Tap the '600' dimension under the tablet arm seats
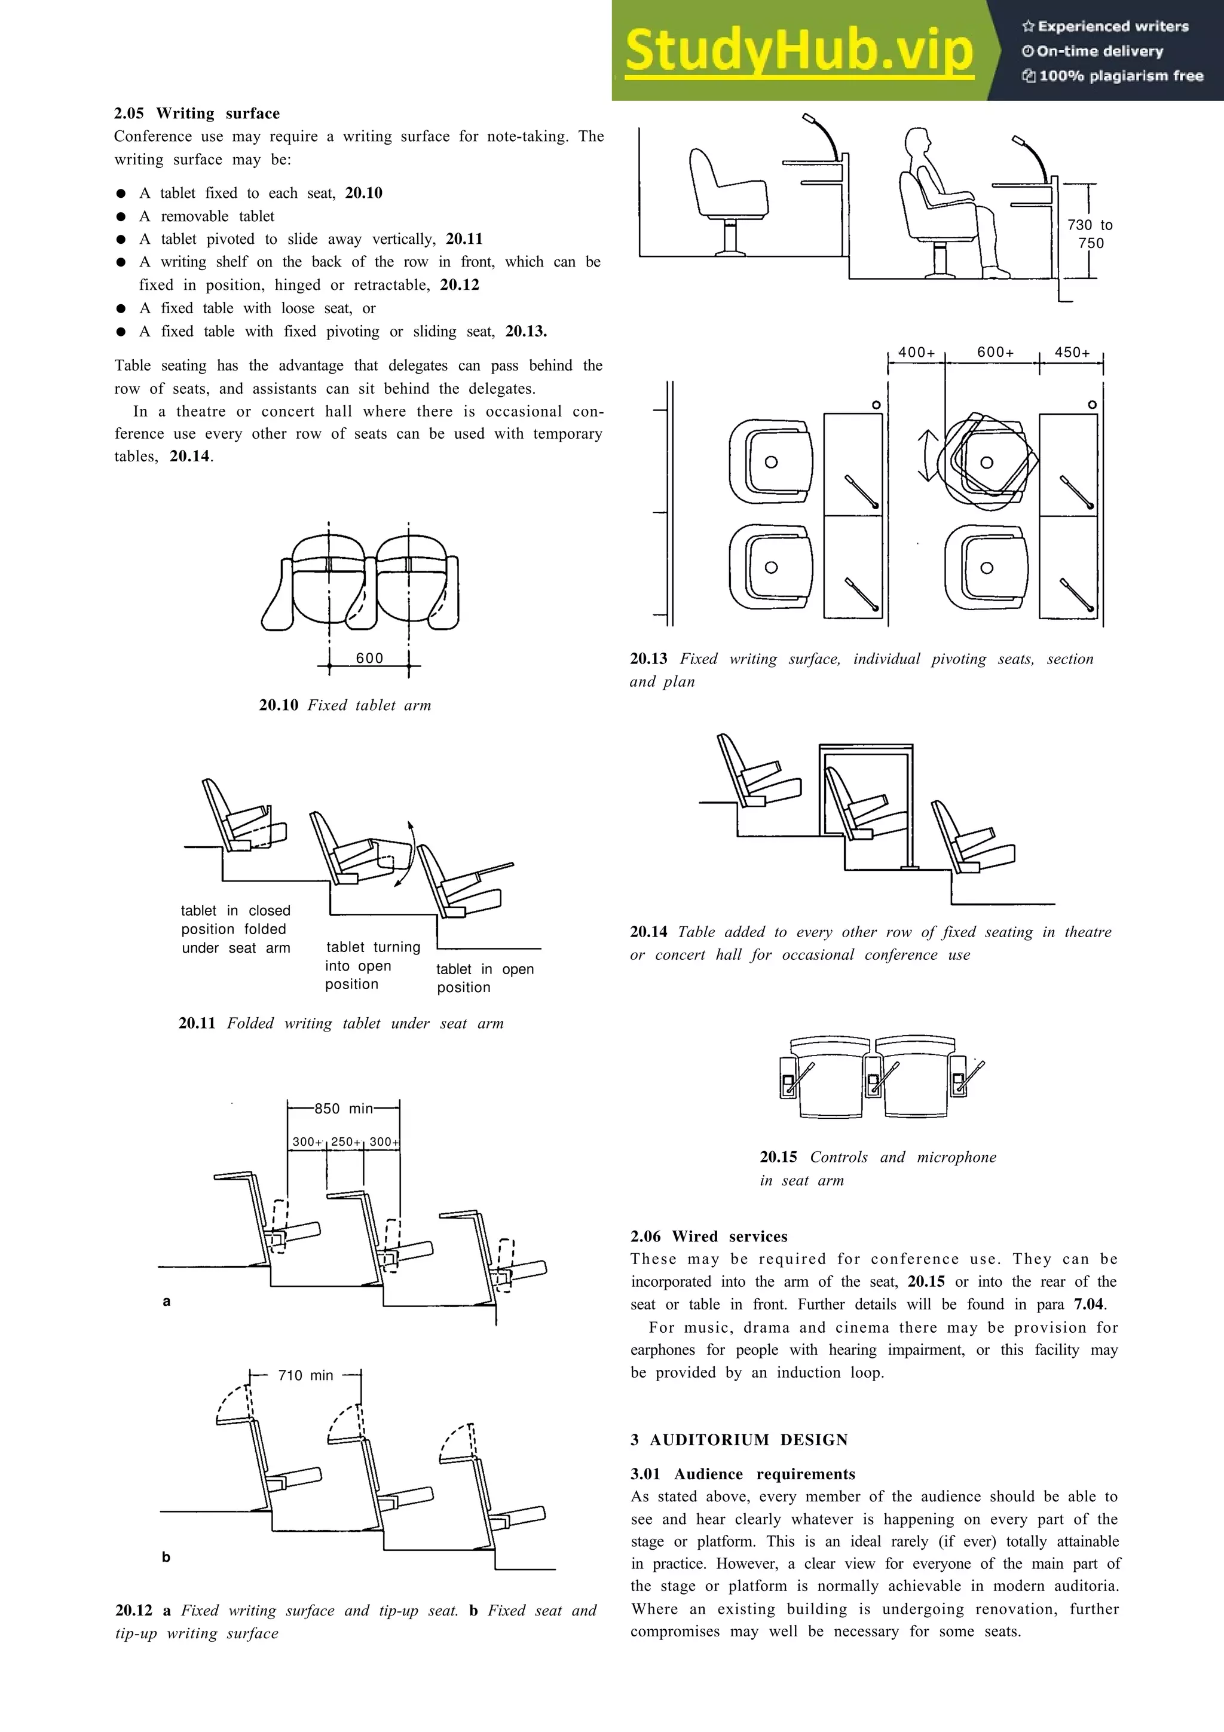pos(369,658)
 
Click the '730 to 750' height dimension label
pos(1090,234)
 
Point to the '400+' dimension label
pos(916,352)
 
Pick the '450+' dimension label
pos(1072,352)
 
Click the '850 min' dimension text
pos(343,1108)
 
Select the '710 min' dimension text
pos(305,1375)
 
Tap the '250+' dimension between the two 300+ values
pos(346,1142)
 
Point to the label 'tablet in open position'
pos(484,978)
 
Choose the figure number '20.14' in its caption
pos(648,932)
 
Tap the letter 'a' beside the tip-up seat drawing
pos(167,1300)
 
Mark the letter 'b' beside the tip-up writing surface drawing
pos(166,1556)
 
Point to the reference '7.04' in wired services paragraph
pos(1089,1303)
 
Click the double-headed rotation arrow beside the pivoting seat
pos(927,455)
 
